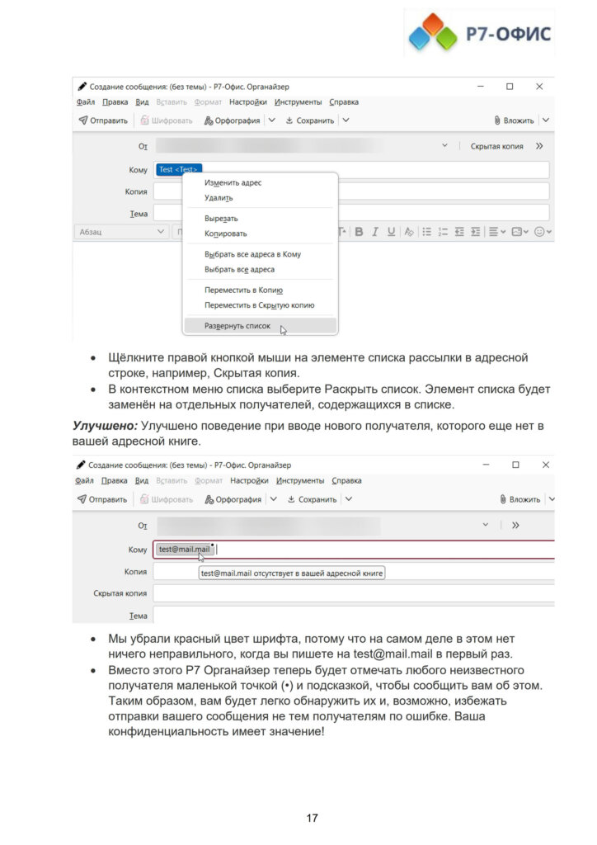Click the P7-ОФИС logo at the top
[480, 33]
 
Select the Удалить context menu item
[219, 197]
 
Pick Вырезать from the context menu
[221, 219]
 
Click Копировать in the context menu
[225, 234]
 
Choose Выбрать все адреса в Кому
[252, 254]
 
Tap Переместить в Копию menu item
[243, 290]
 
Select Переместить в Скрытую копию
[259, 304]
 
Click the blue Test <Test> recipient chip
[179, 169]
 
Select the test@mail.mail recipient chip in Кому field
[184, 549]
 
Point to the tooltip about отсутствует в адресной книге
[292, 572]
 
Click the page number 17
[312, 818]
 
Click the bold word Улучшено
[104, 425]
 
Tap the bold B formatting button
[359, 232]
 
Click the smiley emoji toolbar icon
[540, 232]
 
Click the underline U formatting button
[391, 232]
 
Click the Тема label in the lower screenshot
[138, 616]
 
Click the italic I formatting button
[374, 232]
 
